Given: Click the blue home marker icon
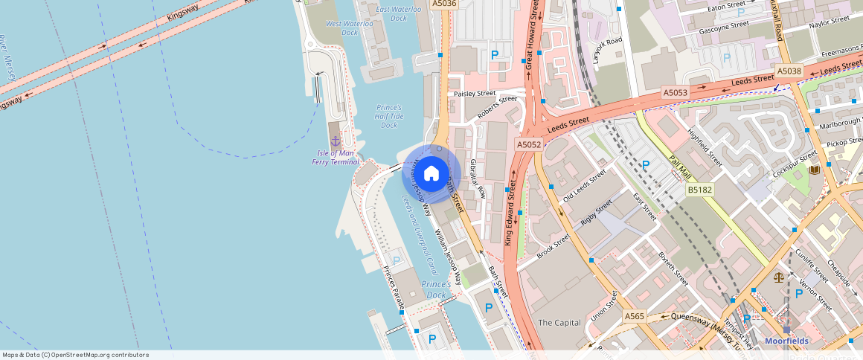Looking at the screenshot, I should point(431,175).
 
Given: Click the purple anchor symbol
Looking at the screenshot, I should point(335,140).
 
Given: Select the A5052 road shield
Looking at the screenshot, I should point(529,144).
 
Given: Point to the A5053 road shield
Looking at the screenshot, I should point(676,92).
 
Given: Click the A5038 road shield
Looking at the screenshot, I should point(789,71).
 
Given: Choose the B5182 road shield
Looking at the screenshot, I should point(700,190).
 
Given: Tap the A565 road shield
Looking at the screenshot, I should point(634,316).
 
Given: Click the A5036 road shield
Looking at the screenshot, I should point(444,4).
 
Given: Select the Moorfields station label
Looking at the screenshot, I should point(786,341).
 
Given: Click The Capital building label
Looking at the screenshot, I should point(559,322).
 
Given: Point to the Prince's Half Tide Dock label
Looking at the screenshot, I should point(389,116).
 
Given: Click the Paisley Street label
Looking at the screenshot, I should point(475,94).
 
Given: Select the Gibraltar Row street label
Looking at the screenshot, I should point(477,178).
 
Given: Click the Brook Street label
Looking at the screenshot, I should point(554,246).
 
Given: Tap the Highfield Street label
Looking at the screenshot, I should point(705,148).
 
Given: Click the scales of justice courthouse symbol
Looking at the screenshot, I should point(778,277).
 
